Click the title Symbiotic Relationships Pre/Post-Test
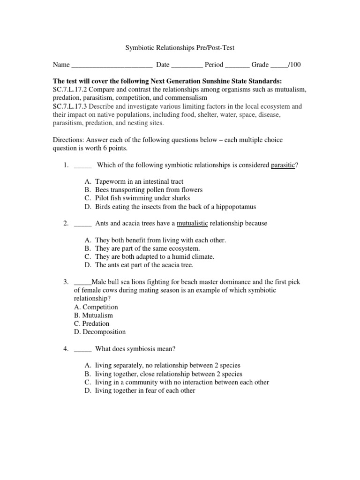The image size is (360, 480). coord(180,47)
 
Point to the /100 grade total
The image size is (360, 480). coord(293,65)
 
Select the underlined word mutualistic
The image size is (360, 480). coord(192,223)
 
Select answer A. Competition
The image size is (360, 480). coord(96,307)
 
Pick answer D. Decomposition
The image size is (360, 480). coord(100,332)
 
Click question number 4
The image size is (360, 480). coord(66,349)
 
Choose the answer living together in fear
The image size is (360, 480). coord(145,390)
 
